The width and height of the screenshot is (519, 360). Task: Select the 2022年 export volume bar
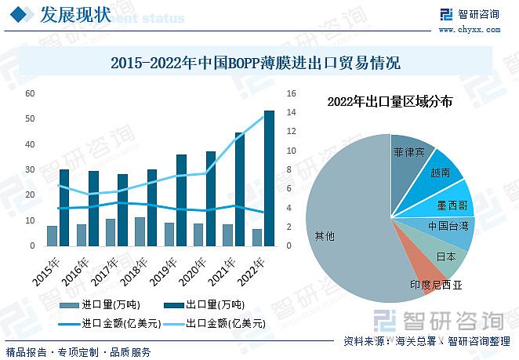[x=269, y=178]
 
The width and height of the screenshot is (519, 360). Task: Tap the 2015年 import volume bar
[x=52, y=235]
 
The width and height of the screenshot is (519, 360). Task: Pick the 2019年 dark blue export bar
[x=182, y=200]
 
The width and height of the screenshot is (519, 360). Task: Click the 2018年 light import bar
[x=140, y=231]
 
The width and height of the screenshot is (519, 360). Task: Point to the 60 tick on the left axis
[x=30, y=93]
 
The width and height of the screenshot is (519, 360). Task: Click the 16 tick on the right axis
[x=291, y=93]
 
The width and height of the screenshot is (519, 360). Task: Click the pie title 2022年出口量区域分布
[x=390, y=101]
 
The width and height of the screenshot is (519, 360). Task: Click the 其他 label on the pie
[x=324, y=235]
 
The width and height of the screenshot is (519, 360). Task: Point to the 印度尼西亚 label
[x=436, y=285]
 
